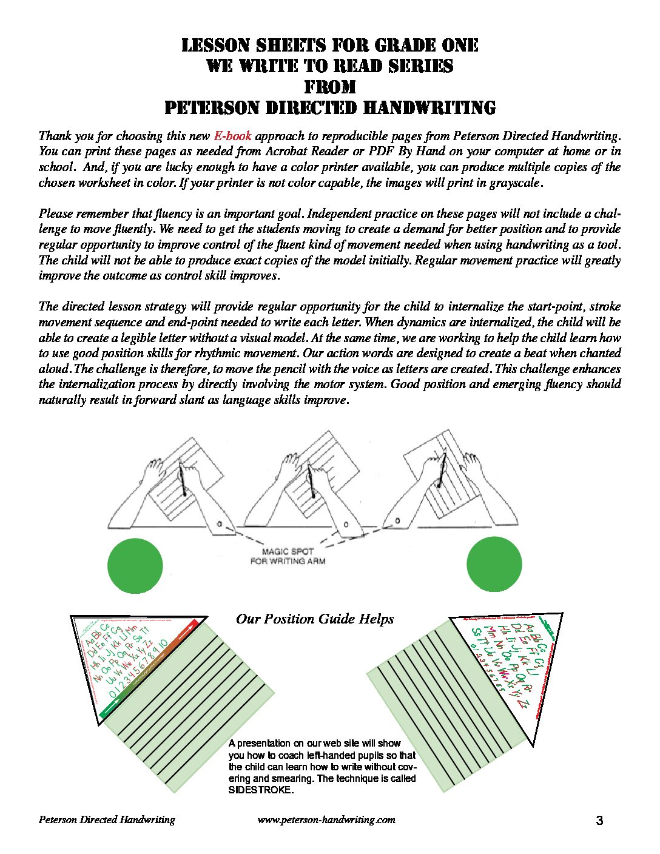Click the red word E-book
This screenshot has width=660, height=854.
232,135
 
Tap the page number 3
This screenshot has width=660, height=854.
599,821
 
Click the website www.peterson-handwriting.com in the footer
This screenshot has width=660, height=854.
326,819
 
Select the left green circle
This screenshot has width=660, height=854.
135,565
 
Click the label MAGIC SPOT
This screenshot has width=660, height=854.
288,551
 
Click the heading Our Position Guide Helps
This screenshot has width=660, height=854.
315,619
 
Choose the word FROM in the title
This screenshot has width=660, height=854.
330,87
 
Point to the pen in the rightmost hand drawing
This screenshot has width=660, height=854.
442,470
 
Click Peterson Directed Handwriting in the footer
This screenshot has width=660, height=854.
107,819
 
